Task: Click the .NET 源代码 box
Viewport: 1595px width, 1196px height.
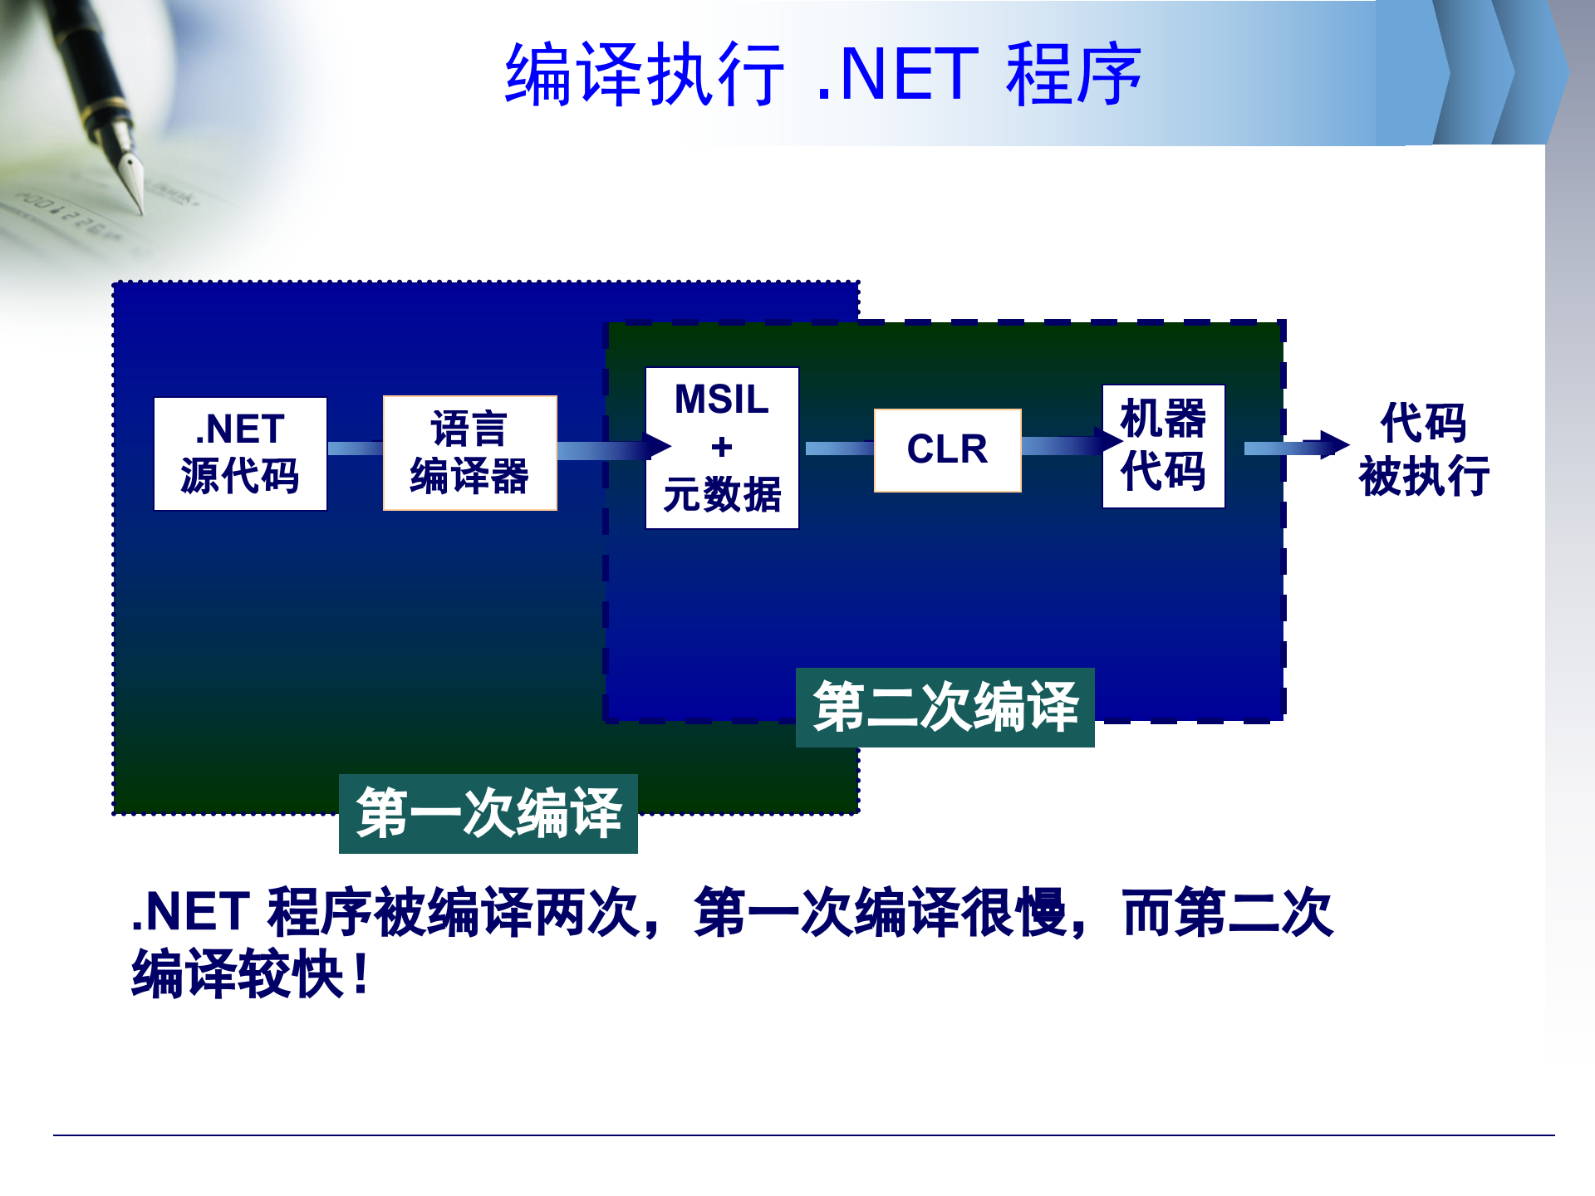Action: click(240, 453)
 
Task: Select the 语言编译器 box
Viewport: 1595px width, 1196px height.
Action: click(469, 453)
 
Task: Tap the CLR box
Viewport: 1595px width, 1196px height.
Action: click(947, 450)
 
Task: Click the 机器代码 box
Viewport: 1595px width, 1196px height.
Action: click(1163, 446)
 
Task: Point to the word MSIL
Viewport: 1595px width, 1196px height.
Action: click(722, 399)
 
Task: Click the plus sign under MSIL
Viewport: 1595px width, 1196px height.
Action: click(722, 448)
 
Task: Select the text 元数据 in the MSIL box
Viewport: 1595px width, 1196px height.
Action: click(722, 495)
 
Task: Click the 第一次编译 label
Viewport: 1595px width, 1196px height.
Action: click(488, 813)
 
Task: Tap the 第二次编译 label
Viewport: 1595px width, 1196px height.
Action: click(945, 708)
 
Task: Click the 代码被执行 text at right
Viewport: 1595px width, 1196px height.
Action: click(1424, 450)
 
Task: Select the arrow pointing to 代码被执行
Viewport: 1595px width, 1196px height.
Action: click(1296, 447)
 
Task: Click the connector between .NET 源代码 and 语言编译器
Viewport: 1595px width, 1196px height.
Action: click(355, 448)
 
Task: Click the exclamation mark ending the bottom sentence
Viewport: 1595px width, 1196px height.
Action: click(361, 974)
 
